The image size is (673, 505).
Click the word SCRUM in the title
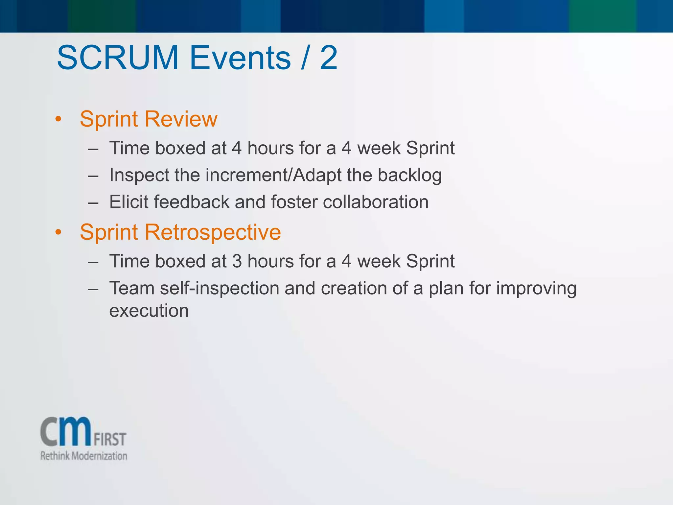[118, 58]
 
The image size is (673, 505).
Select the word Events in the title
[240, 58]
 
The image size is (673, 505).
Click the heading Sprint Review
[149, 119]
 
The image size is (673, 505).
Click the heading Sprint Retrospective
[180, 232]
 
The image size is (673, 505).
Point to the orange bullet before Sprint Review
[58, 120]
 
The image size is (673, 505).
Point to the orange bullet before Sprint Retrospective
[58, 233]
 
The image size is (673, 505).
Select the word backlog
[409, 175]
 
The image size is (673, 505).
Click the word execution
[149, 311]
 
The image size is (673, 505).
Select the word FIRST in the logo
[110, 440]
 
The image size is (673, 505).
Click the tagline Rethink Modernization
[84, 456]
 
